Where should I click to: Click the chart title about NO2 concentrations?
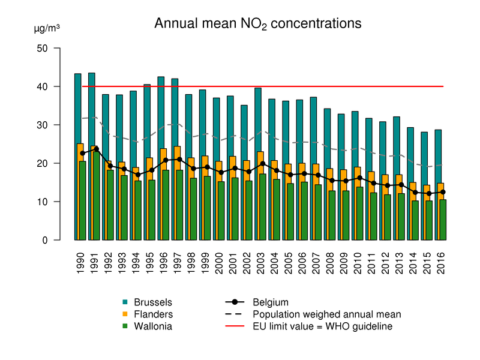[x=258, y=24]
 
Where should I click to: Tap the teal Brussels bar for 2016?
[x=438, y=156]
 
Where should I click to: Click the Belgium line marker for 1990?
[x=82, y=153]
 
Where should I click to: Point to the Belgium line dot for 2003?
[x=263, y=163]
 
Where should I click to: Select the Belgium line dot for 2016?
[x=443, y=192]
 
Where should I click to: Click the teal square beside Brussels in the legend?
[x=125, y=302]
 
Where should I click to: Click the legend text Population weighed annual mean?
[x=327, y=314]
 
